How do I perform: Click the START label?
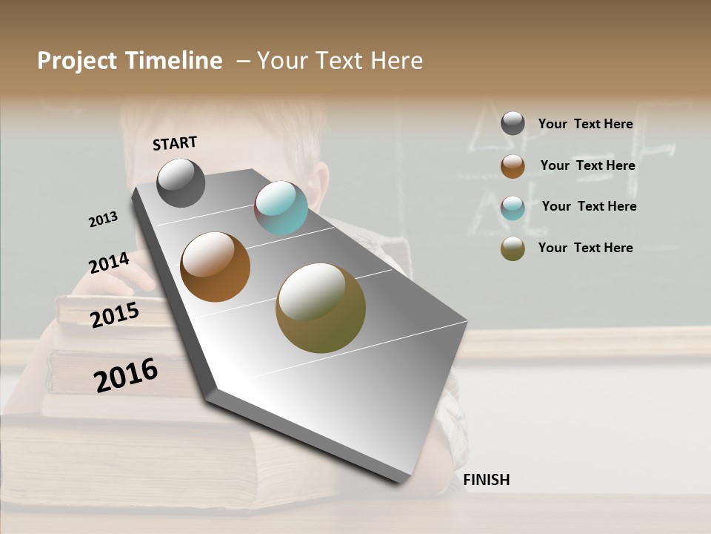coord(175,143)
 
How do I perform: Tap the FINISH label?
coord(486,480)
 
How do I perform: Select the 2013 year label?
coord(104,220)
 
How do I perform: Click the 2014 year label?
coord(109,263)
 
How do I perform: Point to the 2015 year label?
coord(115,315)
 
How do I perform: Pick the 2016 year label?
coord(126,375)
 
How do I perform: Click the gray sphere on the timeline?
coord(181,182)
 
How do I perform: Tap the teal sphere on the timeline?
coord(281,208)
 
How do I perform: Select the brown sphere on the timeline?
coord(216,267)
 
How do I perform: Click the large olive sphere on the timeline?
coord(321,308)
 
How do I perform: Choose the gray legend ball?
coord(513,124)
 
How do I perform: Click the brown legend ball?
coord(513,166)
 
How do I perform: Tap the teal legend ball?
coord(513,208)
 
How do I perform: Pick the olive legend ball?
coord(513,249)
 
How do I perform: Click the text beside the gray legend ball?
coord(585,125)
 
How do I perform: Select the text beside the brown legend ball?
coord(587,165)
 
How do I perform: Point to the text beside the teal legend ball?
coord(589,206)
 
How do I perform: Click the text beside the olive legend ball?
coord(585,248)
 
